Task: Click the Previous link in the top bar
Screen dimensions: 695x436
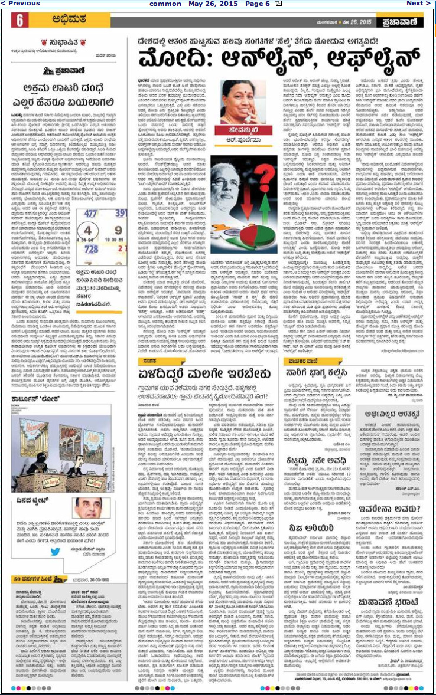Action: coord(20,4)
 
